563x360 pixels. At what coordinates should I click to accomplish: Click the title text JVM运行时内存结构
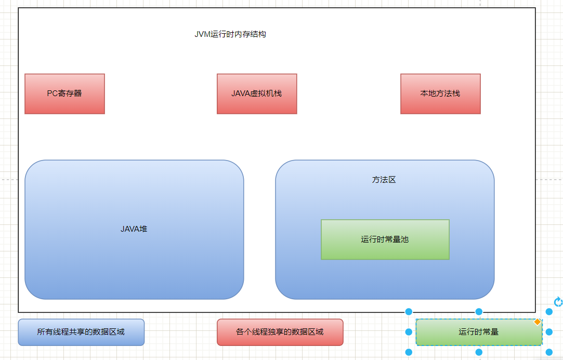(x=230, y=34)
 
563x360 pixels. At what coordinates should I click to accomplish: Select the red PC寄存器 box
(x=64, y=94)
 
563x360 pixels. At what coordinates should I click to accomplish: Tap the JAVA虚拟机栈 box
(x=257, y=94)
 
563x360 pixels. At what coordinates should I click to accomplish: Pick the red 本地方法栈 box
(x=440, y=94)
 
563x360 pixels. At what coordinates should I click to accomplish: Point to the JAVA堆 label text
(x=134, y=229)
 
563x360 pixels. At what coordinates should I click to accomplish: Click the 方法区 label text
(x=384, y=180)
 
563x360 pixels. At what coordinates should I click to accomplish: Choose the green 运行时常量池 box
(x=385, y=239)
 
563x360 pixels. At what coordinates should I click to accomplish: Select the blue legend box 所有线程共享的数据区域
(x=81, y=332)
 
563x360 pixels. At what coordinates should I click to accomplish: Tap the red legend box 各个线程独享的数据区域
(x=280, y=332)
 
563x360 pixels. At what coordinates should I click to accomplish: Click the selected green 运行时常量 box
(x=479, y=332)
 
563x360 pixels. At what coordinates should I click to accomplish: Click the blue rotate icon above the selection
(x=558, y=302)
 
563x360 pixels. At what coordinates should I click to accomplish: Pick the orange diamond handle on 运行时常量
(x=537, y=323)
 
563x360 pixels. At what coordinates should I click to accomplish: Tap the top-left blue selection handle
(x=409, y=312)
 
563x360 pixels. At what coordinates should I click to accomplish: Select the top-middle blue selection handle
(x=479, y=312)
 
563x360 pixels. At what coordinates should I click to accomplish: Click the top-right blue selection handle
(x=549, y=312)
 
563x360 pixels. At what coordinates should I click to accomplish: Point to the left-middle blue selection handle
(x=409, y=332)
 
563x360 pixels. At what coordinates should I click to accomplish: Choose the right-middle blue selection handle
(x=549, y=332)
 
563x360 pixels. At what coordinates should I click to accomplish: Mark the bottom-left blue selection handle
(x=409, y=352)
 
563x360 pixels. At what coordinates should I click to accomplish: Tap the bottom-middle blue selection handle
(x=479, y=352)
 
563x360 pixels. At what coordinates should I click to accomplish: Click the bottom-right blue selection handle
(x=549, y=352)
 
